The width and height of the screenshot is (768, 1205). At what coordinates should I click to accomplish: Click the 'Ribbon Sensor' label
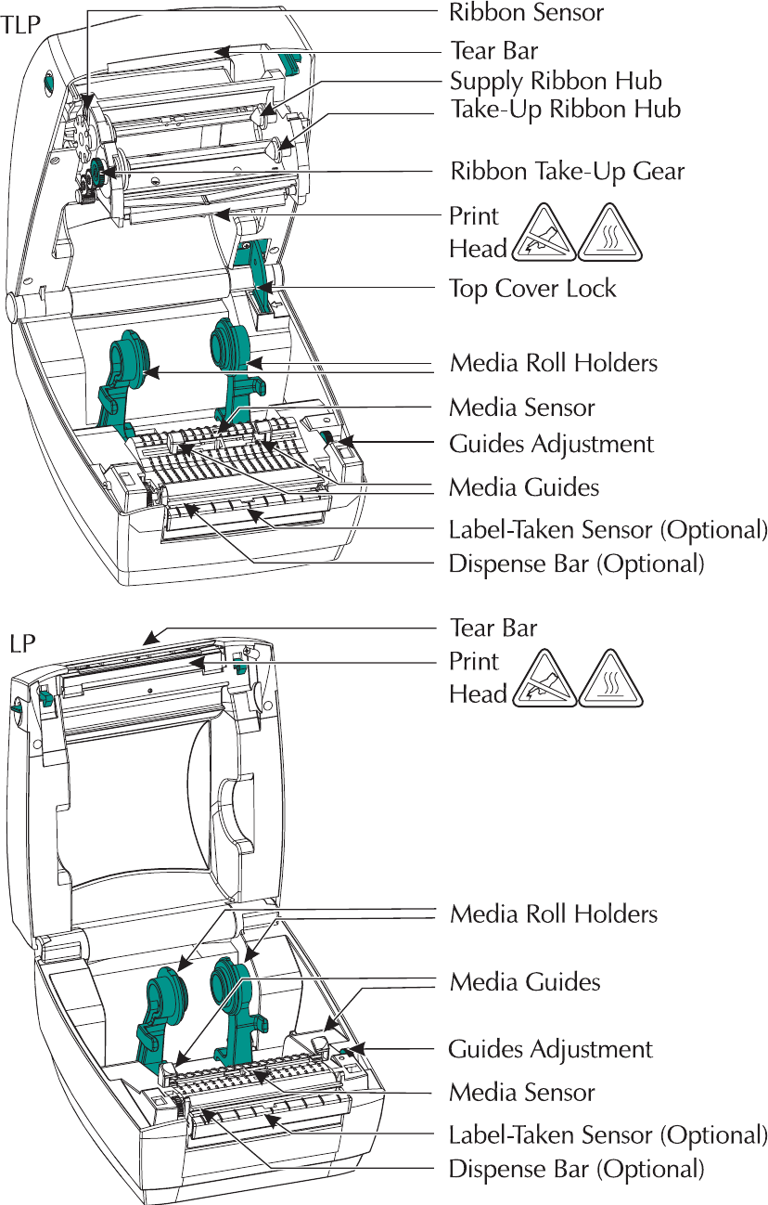[x=526, y=12]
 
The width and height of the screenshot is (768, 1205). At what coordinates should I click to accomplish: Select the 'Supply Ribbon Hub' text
[x=556, y=82]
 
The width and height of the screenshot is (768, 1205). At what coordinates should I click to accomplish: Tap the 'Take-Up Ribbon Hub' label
[x=566, y=110]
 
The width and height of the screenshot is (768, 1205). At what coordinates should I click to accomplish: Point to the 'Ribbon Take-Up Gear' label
[x=568, y=172]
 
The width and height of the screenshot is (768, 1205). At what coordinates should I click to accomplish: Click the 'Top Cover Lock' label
[x=532, y=289]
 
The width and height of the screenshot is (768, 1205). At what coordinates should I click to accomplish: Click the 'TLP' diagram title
[x=20, y=25]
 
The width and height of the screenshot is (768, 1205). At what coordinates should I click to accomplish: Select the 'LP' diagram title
[x=22, y=643]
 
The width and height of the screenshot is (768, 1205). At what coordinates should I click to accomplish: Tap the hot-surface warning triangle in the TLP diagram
[x=609, y=233]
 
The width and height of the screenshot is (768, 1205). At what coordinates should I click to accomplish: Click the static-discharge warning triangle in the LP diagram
[x=544, y=679]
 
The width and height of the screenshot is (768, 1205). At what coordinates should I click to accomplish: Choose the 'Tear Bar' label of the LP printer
[x=493, y=628]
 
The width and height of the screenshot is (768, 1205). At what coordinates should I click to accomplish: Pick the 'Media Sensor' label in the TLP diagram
[x=522, y=408]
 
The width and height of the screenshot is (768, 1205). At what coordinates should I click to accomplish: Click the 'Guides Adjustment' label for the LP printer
[x=550, y=1050]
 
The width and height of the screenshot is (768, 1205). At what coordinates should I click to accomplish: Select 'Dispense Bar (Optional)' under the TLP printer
[x=576, y=564]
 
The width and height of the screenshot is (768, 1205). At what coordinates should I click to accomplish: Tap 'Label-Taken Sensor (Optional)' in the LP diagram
[x=608, y=1135]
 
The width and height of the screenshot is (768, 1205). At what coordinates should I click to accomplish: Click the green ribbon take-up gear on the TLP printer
[x=97, y=171]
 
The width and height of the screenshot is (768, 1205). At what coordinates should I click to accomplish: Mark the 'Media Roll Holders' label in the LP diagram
[x=554, y=914]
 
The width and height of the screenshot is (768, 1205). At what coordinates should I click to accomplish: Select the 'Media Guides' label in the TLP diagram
[x=524, y=488]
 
